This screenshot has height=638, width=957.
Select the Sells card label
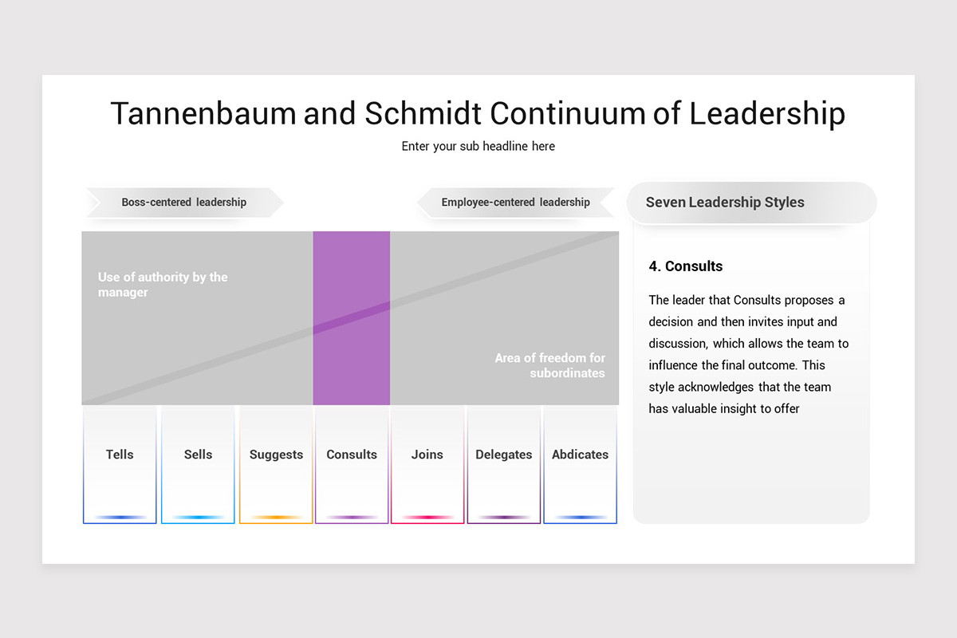198,455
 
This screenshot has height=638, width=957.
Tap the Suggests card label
276,455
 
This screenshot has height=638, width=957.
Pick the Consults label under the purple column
352,455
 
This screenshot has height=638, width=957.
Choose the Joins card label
427,455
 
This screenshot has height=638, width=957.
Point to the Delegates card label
503,455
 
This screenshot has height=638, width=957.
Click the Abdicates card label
580,455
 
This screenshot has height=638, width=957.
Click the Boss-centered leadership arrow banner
184,203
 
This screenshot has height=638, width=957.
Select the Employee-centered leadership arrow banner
515,203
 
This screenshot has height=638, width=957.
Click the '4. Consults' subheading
686,266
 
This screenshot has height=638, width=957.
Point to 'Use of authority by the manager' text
163,285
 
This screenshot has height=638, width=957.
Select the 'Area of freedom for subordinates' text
550,365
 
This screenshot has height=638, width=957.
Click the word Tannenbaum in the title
203,113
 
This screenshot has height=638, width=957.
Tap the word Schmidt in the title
423,113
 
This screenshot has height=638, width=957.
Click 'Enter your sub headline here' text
478,146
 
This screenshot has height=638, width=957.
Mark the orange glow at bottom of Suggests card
276,518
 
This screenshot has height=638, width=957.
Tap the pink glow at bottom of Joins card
427,518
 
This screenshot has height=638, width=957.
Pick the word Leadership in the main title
766,113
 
